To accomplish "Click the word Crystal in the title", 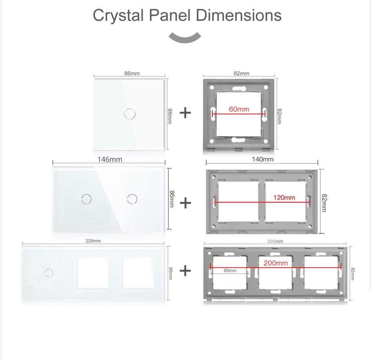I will pyautogui.click(x=118, y=15).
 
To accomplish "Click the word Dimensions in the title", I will pyautogui.click(x=238, y=15).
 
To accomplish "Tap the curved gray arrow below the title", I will pyautogui.click(x=185, y=38).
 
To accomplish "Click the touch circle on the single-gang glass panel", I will pyautogui.click(x=129, y=114).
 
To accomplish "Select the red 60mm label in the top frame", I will pyautogui.click(x=239, y=109).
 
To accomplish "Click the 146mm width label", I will pyautogui.click(x=110, y=159).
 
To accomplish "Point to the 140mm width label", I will pyautogui.click(x=262, y=159).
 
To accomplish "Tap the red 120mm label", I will pyautogui.click(x=284, y=197).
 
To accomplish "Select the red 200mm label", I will pyautogui.click(x=276, y=263).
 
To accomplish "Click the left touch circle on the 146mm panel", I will pyautogui.click(x=86, y=199).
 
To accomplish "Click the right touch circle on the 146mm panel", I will pyautogui.click(x=132, y=199).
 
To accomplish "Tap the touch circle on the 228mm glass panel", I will pyautogui.click(x=49, y=272).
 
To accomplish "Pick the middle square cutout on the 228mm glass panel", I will pyautogui.click(x=93, y=273).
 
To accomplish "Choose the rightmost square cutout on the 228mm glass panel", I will pyautogui.click(x=138, y=273).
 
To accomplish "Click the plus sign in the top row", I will pyautogui.click(x=185, y=113).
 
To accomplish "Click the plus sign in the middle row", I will pyautogui.click(x=185, y=203).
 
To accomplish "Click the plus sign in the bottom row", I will pyautogui.click(x=185, y=270).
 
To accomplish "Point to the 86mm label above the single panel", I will pyautogui.click(x=132, y=73).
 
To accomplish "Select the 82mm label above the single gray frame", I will pyautogui.click(x=241, y=73).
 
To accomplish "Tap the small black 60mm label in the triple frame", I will pyautogui.click(x=230, y=271).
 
